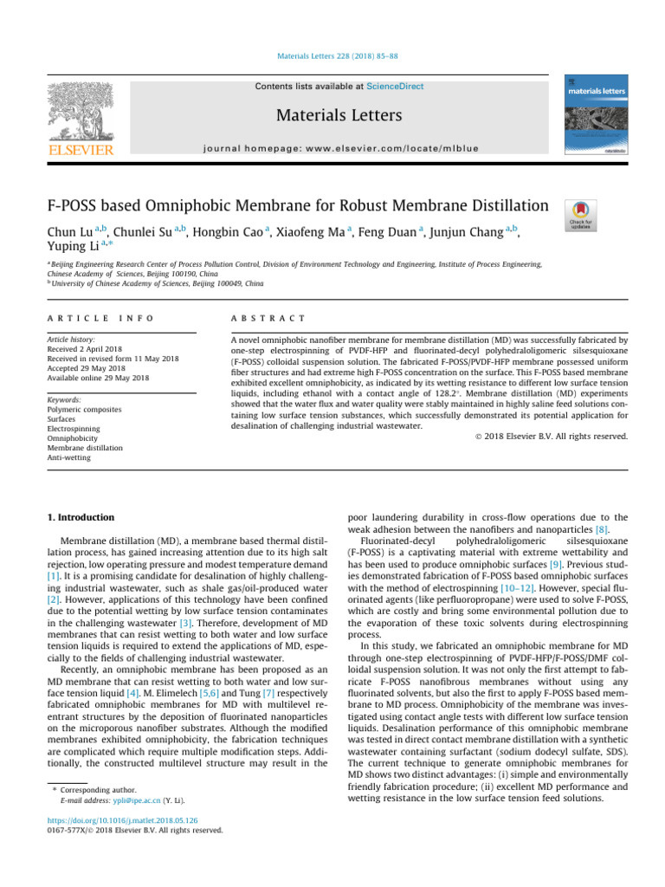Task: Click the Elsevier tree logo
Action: pos(80,111)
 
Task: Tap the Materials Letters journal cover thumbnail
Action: pos(597,114)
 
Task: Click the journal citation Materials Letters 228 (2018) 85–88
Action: pos(332,57)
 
